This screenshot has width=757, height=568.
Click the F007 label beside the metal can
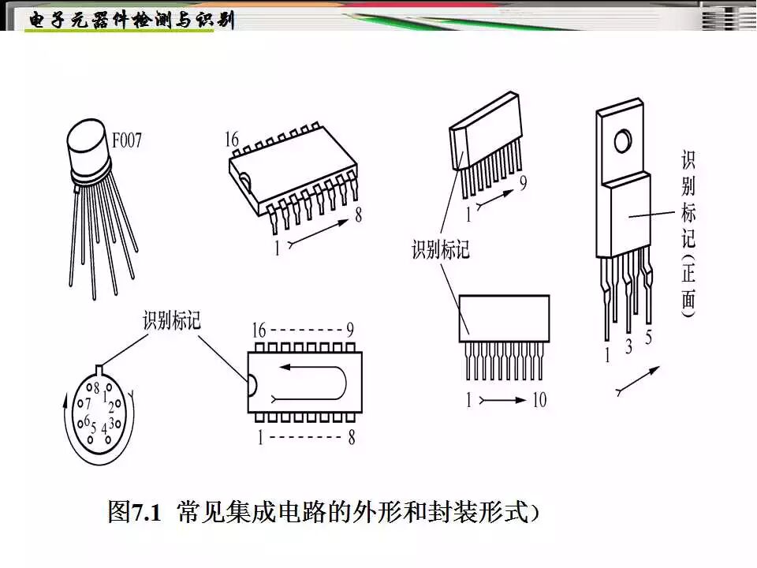[x=126, y=142]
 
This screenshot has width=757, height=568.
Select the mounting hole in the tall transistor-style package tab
[x=623, y=141]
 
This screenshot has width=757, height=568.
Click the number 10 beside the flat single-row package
[x=538, y=401]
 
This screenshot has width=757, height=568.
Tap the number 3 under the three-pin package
[x=628, y=346]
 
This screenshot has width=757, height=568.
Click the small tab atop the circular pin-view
[x=99, y=369]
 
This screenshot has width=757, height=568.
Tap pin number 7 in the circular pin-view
[x=88, y=402]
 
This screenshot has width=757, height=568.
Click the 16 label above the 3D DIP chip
[x=232, y=140]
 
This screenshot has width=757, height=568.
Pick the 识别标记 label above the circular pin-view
[x=172, y=321]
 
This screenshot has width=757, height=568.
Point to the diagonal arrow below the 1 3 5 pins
[x=637, y=382]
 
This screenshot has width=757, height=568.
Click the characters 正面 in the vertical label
[x=688, y=284]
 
